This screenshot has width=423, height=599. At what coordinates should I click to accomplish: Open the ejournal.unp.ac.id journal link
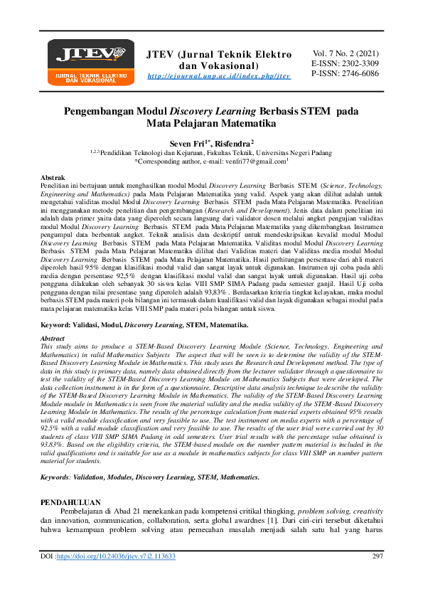(218, 76)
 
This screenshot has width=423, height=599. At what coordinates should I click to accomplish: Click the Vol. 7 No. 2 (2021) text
(346, 53)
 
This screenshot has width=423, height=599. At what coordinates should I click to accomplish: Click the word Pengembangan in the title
(102, 111)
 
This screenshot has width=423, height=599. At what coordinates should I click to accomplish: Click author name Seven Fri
(187, 143)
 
